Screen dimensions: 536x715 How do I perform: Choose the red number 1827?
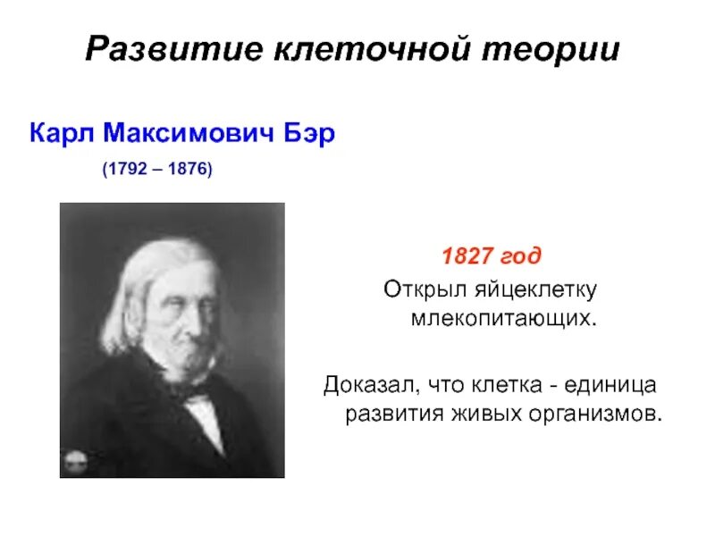pos(467,257)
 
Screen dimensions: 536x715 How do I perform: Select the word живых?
pos(480,415)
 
